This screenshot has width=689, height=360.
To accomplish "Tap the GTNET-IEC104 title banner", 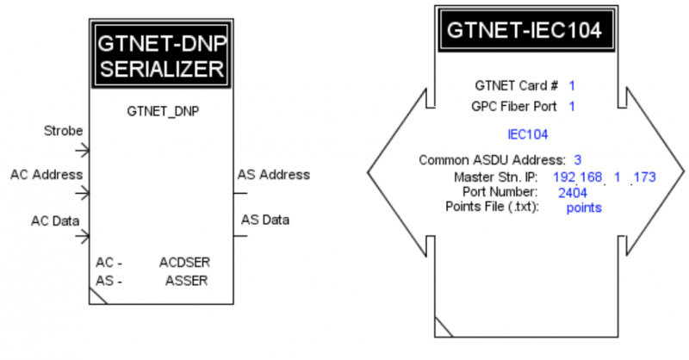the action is (x=526, y=30).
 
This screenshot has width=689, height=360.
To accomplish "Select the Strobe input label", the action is (x=63, y=131).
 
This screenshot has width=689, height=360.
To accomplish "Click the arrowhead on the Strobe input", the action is (x=84, y=151).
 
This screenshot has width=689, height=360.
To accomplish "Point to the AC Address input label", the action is (x=47, y=175).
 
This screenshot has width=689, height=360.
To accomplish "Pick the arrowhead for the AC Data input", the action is (x=84, y=237).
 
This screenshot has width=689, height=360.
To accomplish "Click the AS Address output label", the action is (x=274, y=175).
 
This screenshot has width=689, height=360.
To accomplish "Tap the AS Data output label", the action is (x=265, y=220).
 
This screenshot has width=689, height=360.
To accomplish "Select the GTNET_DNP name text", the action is (x=163, y=112).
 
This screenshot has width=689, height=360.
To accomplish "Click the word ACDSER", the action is (x=184, y=263).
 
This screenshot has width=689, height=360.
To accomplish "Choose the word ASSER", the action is (x=186, y=281).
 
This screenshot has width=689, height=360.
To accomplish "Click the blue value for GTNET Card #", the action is (x=572, y=86).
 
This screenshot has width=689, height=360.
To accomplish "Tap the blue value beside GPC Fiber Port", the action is (x=572, y=107).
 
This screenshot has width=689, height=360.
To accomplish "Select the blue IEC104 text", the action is (x=528, y=134).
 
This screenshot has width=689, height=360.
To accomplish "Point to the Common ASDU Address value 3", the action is (x=577, y=160).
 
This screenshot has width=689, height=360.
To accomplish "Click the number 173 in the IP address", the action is (x=645, y=177).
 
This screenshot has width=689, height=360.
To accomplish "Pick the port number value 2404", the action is (x=573, y=193).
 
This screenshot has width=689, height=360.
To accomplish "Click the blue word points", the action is (x=584, y=208).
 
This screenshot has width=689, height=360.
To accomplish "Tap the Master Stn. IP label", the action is (x=496, y=177).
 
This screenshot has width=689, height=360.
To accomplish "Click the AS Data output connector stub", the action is (x=240, y=237).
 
